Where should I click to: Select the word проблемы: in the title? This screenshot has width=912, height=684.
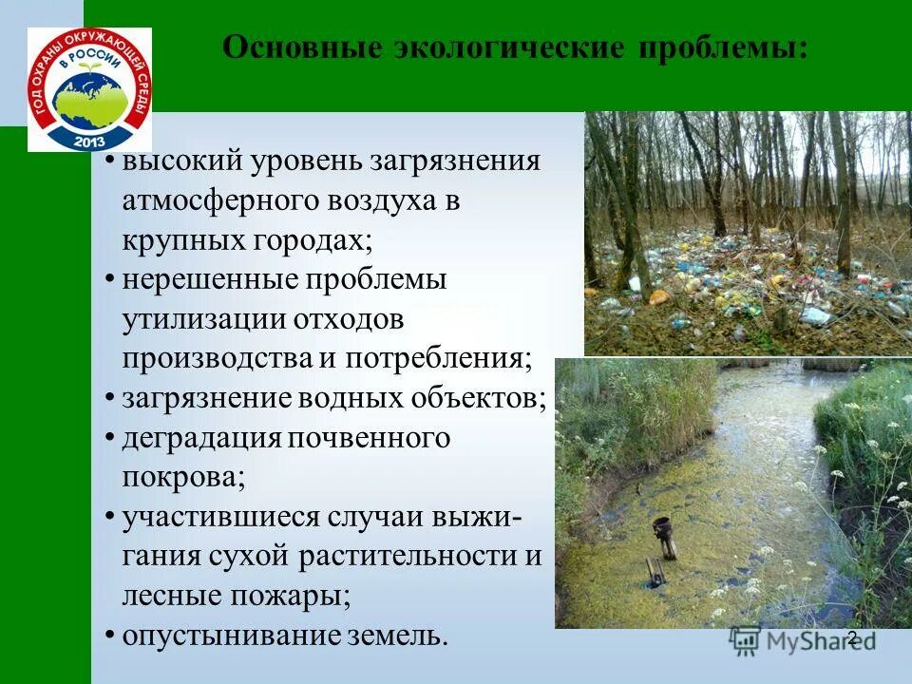(717, 47)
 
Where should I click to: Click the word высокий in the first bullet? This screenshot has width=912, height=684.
(180, 161)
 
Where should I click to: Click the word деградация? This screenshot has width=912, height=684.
(198, 438)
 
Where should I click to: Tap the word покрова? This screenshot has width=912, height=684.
(183, 477)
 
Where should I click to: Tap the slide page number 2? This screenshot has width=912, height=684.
(851, 638)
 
